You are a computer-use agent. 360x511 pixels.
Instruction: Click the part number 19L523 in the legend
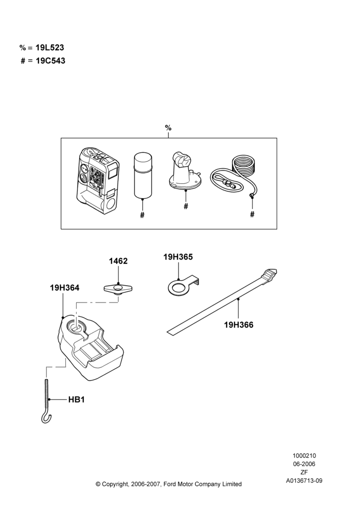click(50, 48)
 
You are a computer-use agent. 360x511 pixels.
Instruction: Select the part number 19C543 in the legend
click(50, 61)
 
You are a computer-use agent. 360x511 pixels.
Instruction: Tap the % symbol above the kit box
click(168, 128)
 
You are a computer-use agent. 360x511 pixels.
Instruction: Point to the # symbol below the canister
click(142, 215)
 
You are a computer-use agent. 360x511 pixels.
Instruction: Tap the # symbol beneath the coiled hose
click(252, 214)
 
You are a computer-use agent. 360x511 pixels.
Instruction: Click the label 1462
click(118, 261)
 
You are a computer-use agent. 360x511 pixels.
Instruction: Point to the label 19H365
click(178, 257)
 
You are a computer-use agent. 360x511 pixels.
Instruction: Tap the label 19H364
click(64, 288)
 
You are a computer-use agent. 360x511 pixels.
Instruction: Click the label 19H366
click(239, 325)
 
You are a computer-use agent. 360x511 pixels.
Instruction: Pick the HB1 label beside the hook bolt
click(77, 400)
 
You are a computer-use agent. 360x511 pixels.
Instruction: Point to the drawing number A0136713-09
click(304, 480)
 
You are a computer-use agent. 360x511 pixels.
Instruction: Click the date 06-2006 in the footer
click(304, 464)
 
